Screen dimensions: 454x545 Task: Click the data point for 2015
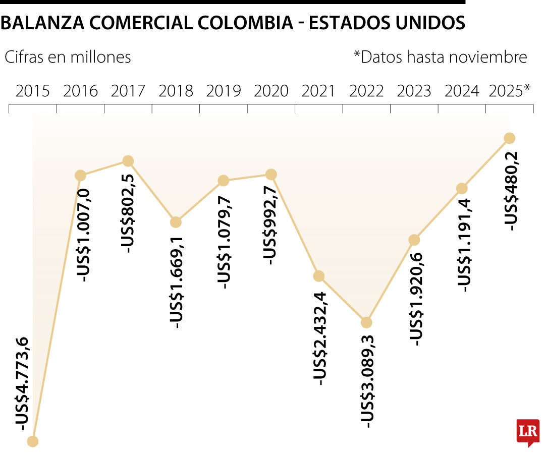(32, 441)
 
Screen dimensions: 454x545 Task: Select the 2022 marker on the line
(366, 322)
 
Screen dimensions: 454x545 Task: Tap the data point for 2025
(509, 138)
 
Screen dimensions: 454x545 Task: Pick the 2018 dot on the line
(176, 222)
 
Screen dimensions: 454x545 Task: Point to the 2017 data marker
(128, 161)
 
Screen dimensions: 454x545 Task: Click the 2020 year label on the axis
(271, 91)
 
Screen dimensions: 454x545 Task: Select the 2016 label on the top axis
(81, 91)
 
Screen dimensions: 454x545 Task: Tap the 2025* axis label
(510, 91)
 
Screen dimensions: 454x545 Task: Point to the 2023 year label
(414, 91)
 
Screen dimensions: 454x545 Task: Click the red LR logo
(528, 432)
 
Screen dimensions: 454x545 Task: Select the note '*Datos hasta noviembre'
(440, 57)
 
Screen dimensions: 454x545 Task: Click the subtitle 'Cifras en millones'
(68, 57)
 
